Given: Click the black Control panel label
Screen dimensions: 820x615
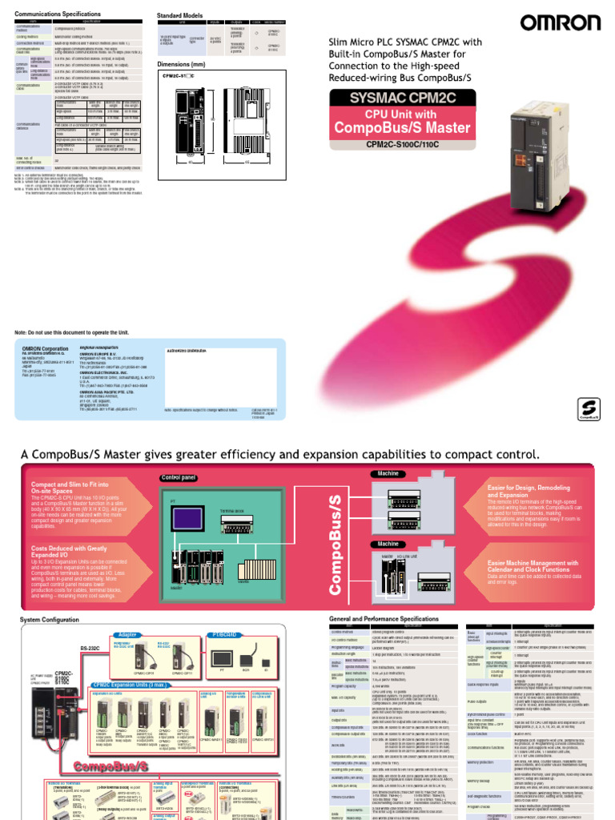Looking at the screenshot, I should (178, 477).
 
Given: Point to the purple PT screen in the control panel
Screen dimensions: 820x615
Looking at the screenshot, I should (182, 517).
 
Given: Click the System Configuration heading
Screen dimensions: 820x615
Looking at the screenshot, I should (50, 620).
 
